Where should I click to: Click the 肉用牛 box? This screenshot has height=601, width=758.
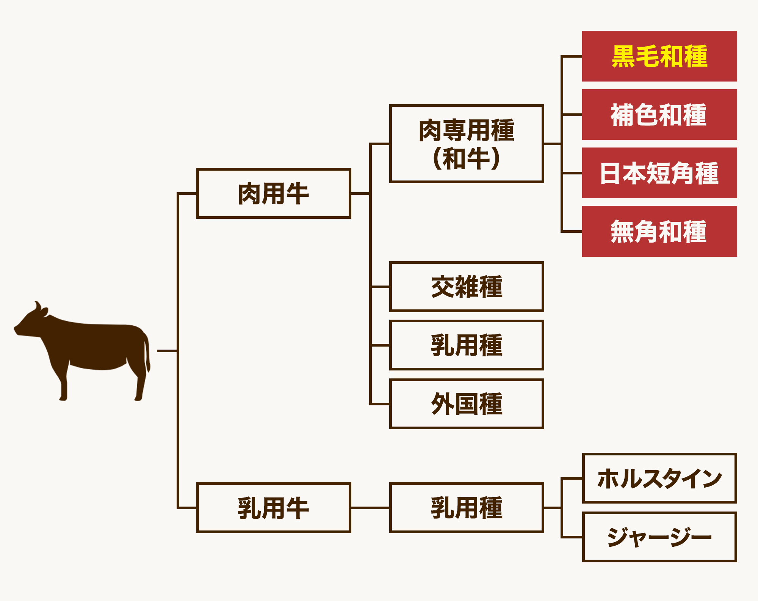click(x=274, y=193)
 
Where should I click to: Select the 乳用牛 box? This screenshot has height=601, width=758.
click(x=274, y=508)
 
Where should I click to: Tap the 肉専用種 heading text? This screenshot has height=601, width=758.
click(x=467, y=130)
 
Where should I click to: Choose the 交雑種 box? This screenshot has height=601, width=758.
click(x=467, y=287)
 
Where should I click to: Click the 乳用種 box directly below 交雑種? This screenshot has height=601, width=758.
click(x=467, y=345)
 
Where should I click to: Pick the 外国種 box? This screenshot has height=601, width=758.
click(x=467, y=404)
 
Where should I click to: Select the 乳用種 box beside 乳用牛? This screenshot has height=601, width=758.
click(x=467, y=508)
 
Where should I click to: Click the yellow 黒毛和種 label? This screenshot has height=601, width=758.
click(x=659, y=56)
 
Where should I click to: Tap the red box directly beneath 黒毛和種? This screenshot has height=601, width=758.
click(x=659, y=115)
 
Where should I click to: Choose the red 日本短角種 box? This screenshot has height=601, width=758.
click(x=659, y=173)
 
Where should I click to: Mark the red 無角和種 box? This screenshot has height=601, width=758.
click(x=659, y=231)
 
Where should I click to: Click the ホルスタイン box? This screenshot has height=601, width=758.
click(x=659, y=478)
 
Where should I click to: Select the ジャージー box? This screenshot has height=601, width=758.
click(x=659, y=537)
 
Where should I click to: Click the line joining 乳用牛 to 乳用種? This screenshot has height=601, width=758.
click(x=370, y=508)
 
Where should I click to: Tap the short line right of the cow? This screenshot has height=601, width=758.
click(x=167, y=351)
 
